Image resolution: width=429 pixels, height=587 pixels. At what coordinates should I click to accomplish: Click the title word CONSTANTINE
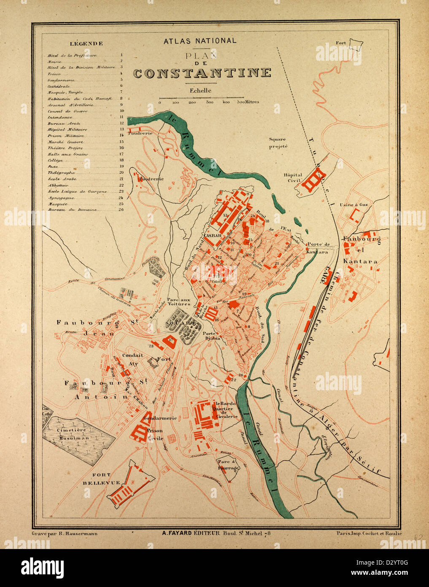202,73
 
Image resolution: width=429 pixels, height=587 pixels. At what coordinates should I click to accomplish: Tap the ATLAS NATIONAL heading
200,41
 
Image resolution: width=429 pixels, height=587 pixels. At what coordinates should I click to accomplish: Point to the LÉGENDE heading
86,43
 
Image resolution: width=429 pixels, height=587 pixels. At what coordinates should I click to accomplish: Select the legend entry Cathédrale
59,86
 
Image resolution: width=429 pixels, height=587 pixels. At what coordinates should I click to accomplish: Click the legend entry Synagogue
61,198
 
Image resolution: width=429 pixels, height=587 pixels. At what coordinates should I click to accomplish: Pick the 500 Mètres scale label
248,102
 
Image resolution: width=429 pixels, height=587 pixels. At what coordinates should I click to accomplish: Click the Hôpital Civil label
293,177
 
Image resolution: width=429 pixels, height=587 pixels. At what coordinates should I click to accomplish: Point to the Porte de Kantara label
318,248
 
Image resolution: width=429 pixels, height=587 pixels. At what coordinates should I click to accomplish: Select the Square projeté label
278,143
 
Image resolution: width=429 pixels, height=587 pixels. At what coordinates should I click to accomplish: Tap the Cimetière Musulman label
71,434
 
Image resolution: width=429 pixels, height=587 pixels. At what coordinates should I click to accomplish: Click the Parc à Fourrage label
228,465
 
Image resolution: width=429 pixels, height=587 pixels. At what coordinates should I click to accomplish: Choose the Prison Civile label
155,435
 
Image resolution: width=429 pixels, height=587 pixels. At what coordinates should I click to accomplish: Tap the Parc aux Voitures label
178,301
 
